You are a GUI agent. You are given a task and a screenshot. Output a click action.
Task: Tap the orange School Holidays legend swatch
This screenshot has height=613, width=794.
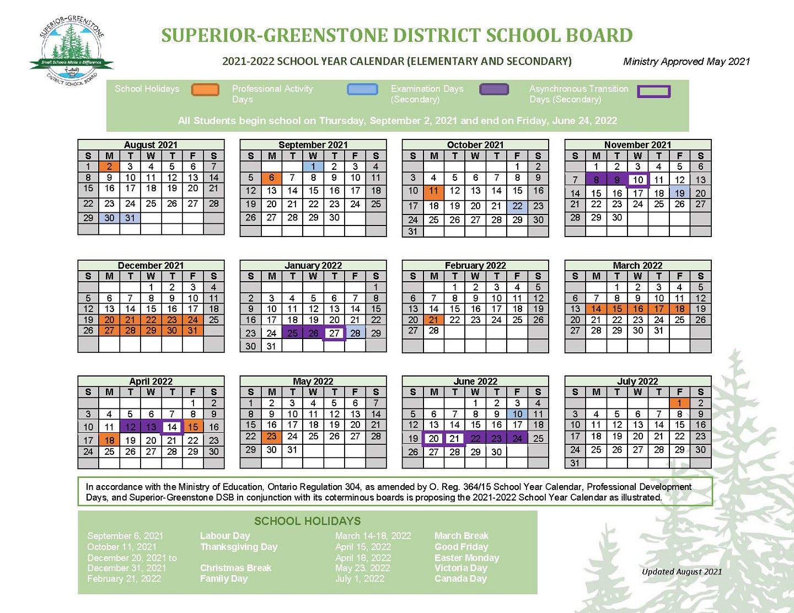(205, 89)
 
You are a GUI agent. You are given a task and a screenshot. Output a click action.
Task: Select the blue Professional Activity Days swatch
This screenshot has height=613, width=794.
(362, 89)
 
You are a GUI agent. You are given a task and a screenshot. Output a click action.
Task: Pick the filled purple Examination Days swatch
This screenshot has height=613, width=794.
(494, 89)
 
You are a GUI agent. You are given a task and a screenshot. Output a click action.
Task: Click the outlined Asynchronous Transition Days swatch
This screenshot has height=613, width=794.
(653, 92)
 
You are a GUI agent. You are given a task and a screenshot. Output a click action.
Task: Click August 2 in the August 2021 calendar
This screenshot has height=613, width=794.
(109, 166)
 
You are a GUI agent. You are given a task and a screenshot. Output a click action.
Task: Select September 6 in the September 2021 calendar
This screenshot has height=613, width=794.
(271, 178)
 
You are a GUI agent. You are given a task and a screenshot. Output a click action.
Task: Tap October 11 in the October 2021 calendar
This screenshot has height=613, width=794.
(434, 191)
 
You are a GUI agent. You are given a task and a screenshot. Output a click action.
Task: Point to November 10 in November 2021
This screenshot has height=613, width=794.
(638, 180)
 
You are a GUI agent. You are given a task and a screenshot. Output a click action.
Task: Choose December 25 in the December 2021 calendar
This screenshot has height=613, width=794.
(214, 320)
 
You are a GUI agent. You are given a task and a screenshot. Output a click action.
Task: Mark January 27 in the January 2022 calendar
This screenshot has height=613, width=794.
(334, 333)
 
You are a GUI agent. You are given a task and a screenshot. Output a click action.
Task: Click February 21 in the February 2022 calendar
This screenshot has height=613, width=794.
(434, 320)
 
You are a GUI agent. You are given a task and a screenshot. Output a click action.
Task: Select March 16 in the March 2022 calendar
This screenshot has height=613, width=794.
(638, 309)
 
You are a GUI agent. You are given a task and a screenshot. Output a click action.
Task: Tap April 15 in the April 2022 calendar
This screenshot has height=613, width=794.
(193, 427)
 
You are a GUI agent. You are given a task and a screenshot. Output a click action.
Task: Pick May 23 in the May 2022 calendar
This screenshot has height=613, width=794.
(271, 436)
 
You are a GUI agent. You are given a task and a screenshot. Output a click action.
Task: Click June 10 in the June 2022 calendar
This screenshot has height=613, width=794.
(517, 414)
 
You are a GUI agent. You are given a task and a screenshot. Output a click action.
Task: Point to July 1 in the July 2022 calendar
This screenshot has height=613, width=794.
(680, 403)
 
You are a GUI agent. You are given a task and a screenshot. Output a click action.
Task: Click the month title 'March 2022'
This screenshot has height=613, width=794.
(637, 265)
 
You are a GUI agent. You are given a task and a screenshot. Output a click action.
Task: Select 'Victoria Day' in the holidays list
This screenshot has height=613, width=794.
(461, 568)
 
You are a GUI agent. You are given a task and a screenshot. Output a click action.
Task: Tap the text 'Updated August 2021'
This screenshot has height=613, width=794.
(682, 572)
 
